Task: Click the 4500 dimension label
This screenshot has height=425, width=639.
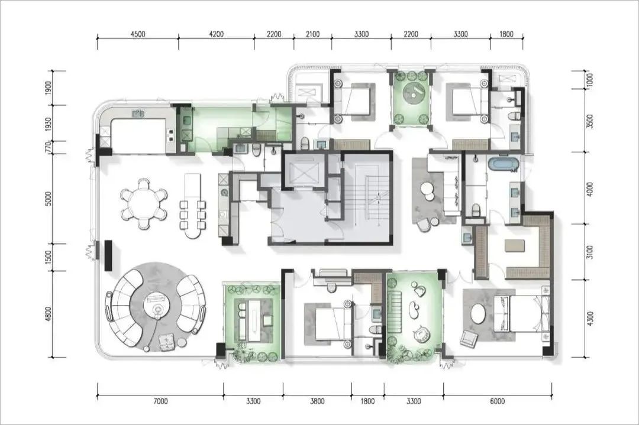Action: pos(138,34)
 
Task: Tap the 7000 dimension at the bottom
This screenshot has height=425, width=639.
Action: pos(160,401)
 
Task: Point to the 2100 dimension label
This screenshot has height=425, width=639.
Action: pos(312,34)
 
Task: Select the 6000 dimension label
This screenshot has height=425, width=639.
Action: pos(497,401)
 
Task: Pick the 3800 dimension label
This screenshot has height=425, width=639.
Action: pos(317,401)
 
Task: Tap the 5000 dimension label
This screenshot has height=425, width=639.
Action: pos(49,199)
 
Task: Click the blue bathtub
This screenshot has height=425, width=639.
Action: pos(504,164)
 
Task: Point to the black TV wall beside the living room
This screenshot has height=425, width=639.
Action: pos(108,256)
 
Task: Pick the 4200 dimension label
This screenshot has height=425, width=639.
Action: pos(216,34)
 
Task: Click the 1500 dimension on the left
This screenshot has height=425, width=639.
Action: pos(49,257)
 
